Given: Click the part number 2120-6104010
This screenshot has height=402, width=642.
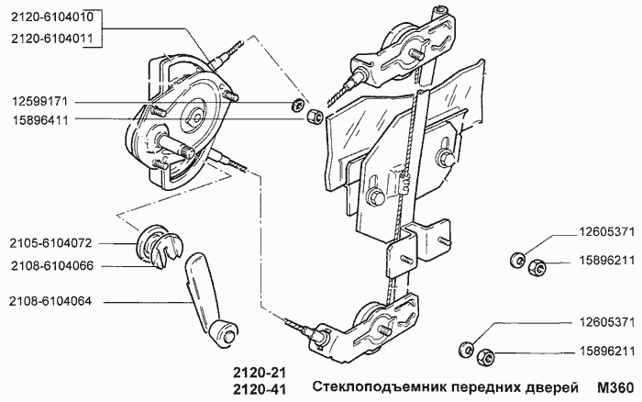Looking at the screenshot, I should [51, 17].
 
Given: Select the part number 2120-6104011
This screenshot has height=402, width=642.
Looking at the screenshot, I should [51, 38].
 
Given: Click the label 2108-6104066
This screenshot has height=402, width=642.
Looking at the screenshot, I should [51, 266].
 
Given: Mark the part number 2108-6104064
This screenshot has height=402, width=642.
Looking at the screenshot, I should [51, 301].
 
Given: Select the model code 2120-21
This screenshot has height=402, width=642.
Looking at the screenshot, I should [251, 374].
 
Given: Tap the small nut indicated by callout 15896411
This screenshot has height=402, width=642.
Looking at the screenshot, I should [313, 117].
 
